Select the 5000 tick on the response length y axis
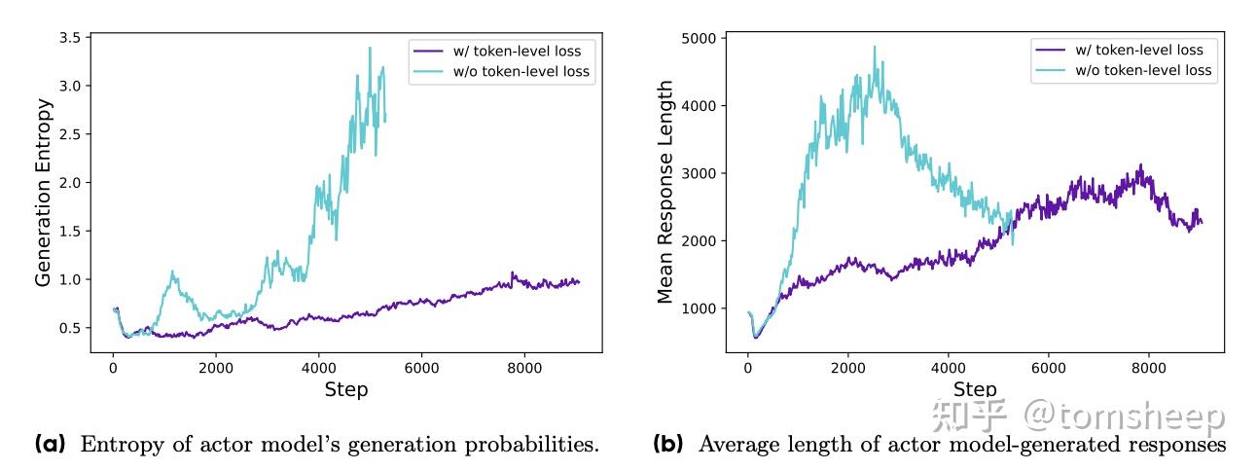click(698, 39)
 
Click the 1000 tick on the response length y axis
click(698, 308)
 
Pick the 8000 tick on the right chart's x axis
click(1149, 369)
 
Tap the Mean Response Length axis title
click(665, 193)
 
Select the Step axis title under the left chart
click(345, 389)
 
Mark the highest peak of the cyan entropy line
click(370, 48)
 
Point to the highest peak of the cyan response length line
click(874, 47)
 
